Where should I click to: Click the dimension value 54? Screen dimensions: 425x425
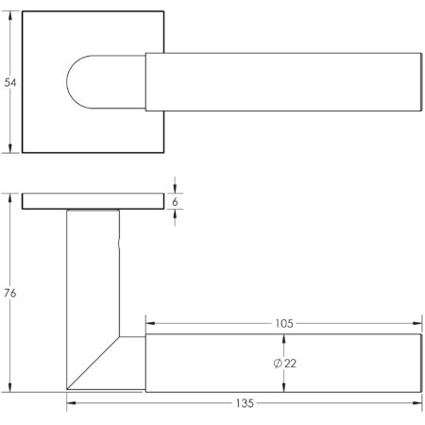click(10, 83)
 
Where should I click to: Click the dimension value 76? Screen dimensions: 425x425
click(10, 293)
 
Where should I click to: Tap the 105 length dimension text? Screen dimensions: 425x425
click(283, 322)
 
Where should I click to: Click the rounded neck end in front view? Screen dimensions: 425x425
click(79, 83)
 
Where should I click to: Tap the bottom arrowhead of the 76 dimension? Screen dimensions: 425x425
click(10, 387)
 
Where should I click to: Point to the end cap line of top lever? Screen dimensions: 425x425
click(416, 83)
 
